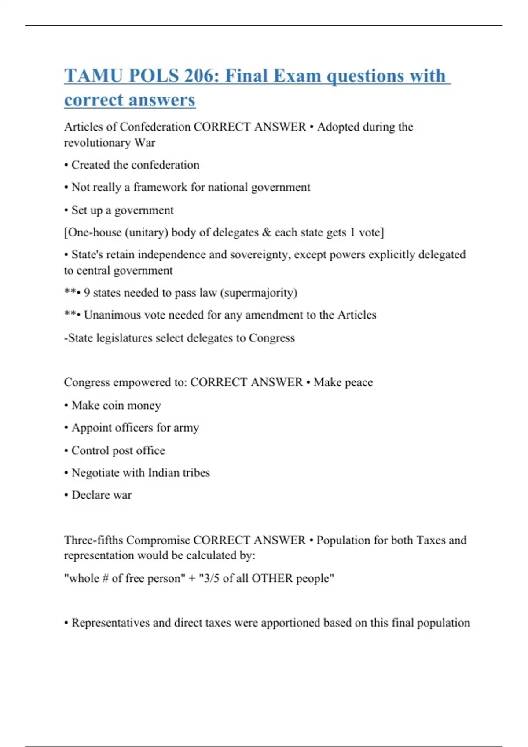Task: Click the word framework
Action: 160,187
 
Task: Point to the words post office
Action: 139,451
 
